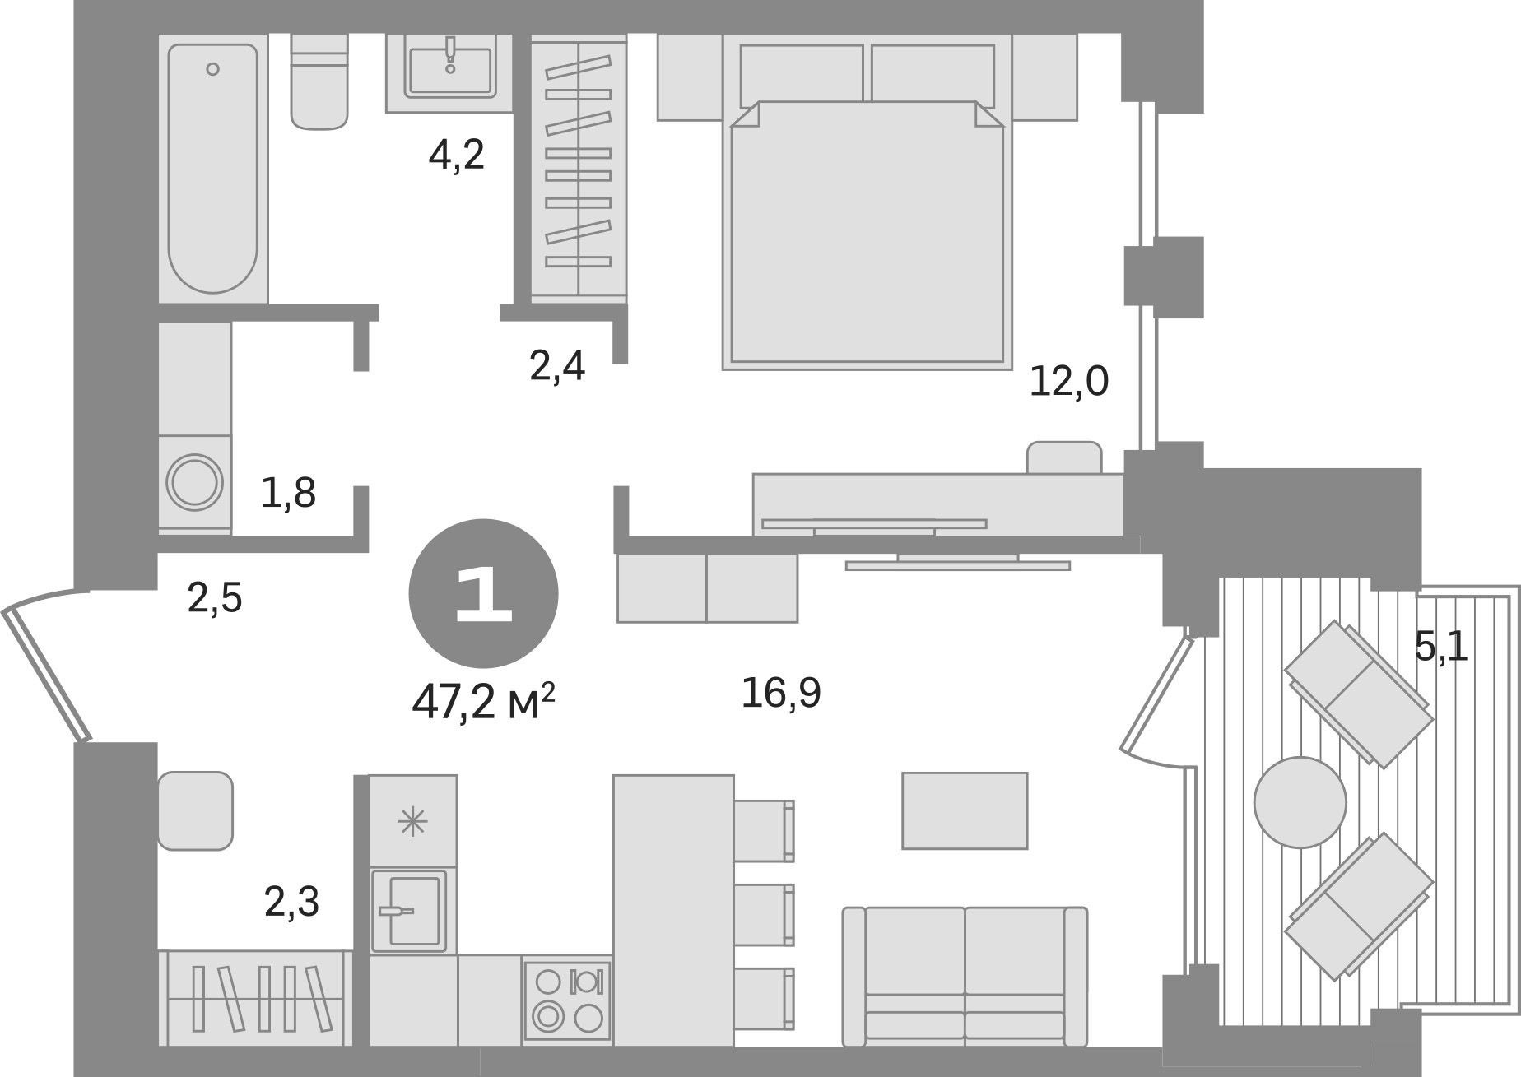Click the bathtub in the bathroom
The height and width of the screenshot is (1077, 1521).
point(213,169)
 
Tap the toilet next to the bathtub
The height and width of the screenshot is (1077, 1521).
point(319,81)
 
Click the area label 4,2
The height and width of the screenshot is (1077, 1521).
point(457,155)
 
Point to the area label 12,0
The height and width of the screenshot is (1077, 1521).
point(1069,382)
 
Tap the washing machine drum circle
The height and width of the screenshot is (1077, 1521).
point(194,482)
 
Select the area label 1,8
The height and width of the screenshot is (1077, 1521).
point(288,493)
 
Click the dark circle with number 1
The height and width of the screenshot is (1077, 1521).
point(484,594)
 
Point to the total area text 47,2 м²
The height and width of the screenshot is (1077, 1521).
point(484,703)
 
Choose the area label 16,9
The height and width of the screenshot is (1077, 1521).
point(781,693)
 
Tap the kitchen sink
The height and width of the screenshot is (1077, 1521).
point(409,910)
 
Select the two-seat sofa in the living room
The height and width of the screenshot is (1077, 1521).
point(965,977)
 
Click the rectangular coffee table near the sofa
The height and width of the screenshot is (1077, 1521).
point(965,810)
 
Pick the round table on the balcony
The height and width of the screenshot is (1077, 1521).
point(1300,802)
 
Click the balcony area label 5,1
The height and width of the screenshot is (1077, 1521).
point(1441,647)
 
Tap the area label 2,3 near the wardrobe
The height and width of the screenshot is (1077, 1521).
point(292,902)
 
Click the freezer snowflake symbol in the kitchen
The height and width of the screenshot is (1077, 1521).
point(413,821)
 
